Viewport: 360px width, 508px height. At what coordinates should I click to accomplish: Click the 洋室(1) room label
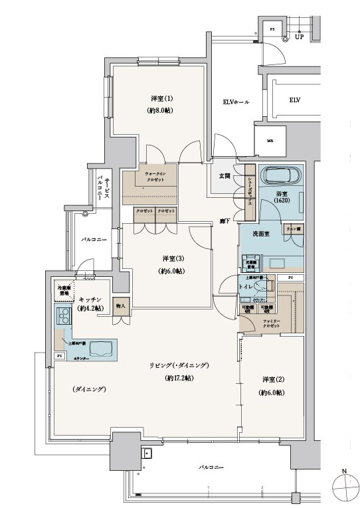(159, 99)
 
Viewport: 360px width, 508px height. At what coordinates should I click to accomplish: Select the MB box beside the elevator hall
(270, 141)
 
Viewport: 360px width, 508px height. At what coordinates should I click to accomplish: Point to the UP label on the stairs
(300, 37)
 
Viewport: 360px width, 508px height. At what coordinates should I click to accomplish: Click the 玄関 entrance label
(225, 176)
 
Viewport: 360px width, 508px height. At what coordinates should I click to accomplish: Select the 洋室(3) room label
(169, 258)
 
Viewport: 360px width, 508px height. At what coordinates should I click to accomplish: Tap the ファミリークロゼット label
(271, 324)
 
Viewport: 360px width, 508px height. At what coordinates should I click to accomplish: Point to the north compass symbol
(343, 490)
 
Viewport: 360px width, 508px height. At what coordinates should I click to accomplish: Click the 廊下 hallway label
(225, 220)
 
